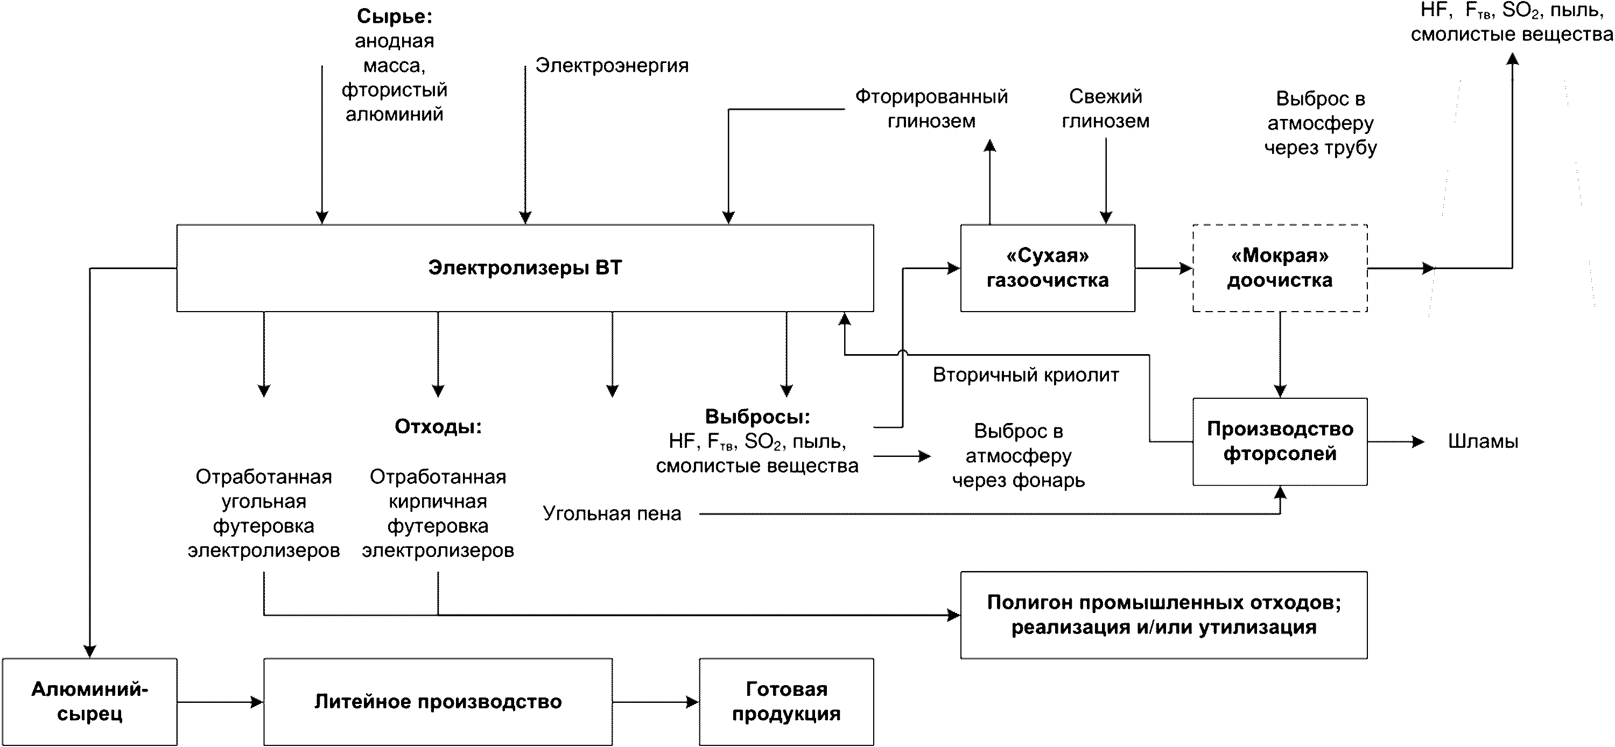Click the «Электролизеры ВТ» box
click(525, 268)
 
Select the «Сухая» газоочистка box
click(1047, 268)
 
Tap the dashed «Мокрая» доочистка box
click(1280, 268)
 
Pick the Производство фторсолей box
click(1280, 441)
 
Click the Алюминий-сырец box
click(90, 702)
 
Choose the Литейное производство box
click(438, 702)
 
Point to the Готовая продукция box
click(786, 702)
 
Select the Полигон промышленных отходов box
click(1163, 615)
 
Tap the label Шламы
click(1483, 442)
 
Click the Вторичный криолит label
click(1026, 375)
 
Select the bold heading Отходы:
click(438, 427)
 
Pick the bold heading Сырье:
click(395, 16)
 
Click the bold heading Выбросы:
click(757, 417)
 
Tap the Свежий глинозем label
click(1105, 108)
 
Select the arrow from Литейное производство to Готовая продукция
click(655, 702)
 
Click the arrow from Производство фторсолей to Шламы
click(1395, 442)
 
